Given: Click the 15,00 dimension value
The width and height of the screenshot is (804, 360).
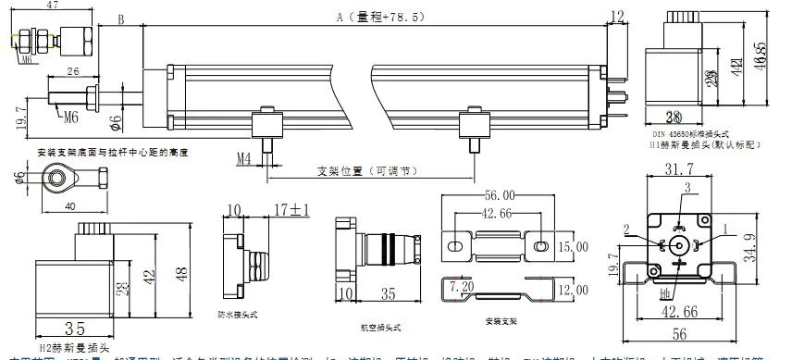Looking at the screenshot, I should pyautogui.click(x=572, y=247).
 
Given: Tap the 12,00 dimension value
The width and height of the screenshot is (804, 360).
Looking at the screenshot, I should pyautogui.click(x=572, y=289).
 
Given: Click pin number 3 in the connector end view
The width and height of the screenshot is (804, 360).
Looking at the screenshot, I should pyautogui.click(x=686, y=187).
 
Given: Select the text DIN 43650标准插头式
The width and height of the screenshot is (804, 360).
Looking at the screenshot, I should pyautogui.click(x=688, y=134).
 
